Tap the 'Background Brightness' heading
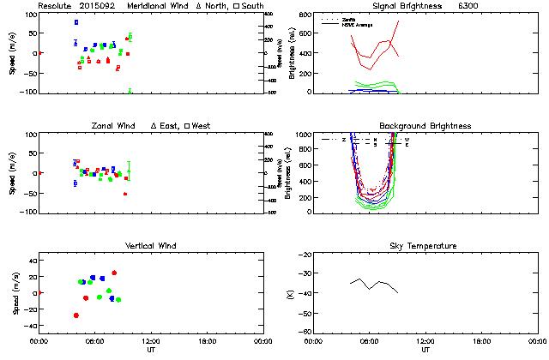(x=425, y=126)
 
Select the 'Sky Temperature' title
(x=425, y=246)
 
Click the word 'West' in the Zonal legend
(x=201, y=126)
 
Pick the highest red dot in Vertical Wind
(x=114, y=273)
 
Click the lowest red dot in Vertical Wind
(x=76, y=315)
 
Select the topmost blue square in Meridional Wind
(x=76, y=22)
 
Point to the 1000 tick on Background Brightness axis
(x=303, y=135)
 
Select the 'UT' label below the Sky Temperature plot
(x=425, y=350)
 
